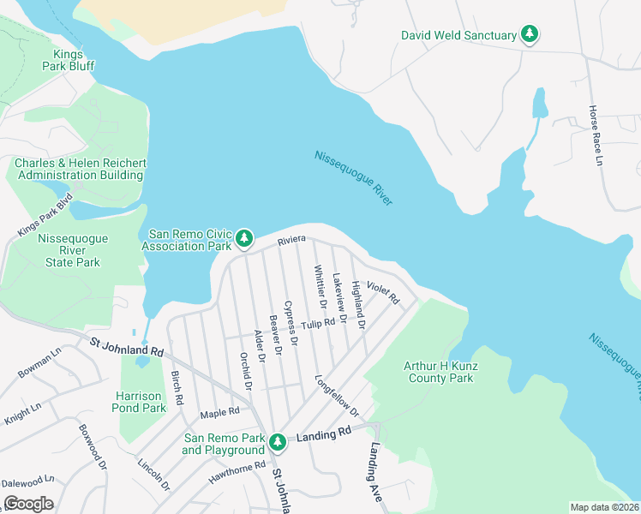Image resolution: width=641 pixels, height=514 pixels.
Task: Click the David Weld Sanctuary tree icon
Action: pos(531,35)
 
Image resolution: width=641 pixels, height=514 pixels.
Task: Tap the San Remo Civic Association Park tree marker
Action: pos(244,239)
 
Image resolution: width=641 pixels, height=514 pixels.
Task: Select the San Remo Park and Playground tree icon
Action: pos(277,442)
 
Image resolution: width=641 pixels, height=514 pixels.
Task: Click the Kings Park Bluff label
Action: pos(69,59)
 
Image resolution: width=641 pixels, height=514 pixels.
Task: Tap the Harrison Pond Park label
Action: pos(141,403)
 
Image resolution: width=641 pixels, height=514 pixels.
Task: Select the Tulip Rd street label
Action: pos(317,324)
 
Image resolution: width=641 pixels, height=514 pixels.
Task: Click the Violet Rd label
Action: pos(383,292)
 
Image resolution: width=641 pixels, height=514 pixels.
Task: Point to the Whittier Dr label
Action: pos(320,287)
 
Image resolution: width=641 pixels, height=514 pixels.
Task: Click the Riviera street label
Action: pos(292,243)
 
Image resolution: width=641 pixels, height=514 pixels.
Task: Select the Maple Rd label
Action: pos(219,413)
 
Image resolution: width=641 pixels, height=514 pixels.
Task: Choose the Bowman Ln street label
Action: pos(39,363)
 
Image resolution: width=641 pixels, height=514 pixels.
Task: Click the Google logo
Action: pos(28,504)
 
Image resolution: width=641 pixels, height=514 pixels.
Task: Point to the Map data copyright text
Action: pos(604,507)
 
